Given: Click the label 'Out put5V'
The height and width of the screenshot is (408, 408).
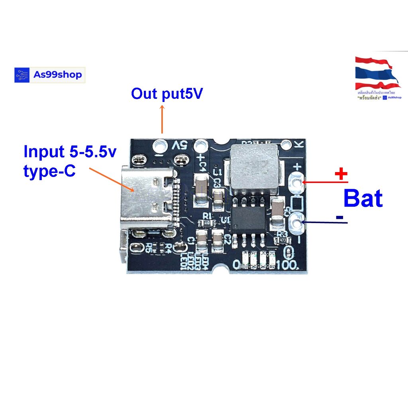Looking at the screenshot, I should coord(167,94).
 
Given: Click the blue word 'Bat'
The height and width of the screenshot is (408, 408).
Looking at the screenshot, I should coord(363,198).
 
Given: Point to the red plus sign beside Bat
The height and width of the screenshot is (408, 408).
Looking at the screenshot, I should coord(341,174).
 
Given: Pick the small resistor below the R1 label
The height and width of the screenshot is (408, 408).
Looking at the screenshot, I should coord(207,223).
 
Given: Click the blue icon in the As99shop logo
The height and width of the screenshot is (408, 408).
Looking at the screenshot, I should coord(22,75).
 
